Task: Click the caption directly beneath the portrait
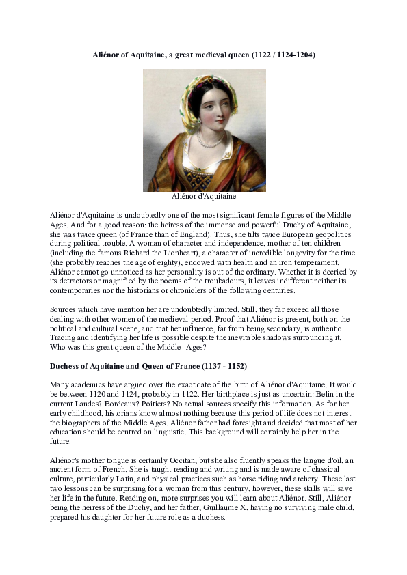(204, 197)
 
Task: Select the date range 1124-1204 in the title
(296, 53)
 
